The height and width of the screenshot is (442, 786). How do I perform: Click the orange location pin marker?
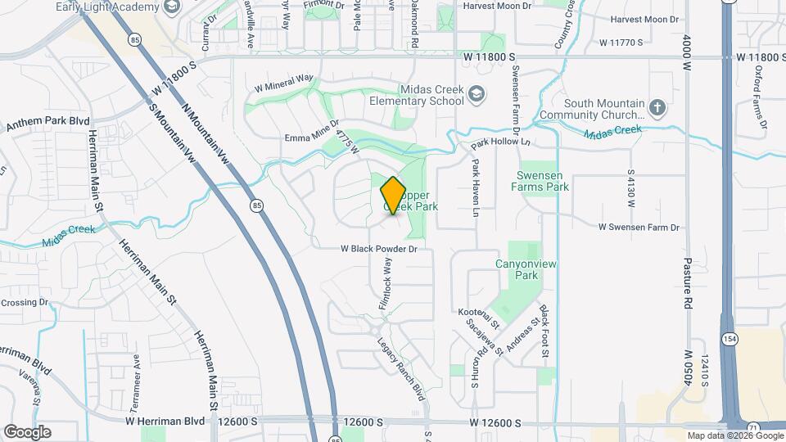(x=394, y=196)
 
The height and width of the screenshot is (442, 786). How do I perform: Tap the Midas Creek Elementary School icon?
(x=477, y=96)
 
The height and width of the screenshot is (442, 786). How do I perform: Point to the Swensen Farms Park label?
(x=542, y=181)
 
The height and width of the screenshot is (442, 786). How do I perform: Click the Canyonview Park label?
(x=517, y=269)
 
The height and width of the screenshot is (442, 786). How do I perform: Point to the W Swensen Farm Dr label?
(x=639, y=226)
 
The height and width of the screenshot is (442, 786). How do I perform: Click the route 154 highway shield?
(x=728, y=339)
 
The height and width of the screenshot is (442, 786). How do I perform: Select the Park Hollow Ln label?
(x=501, y=144)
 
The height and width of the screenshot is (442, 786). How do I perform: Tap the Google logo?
(x=27, y=432)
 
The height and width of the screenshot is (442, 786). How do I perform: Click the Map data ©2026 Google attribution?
(x=734, y=435)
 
